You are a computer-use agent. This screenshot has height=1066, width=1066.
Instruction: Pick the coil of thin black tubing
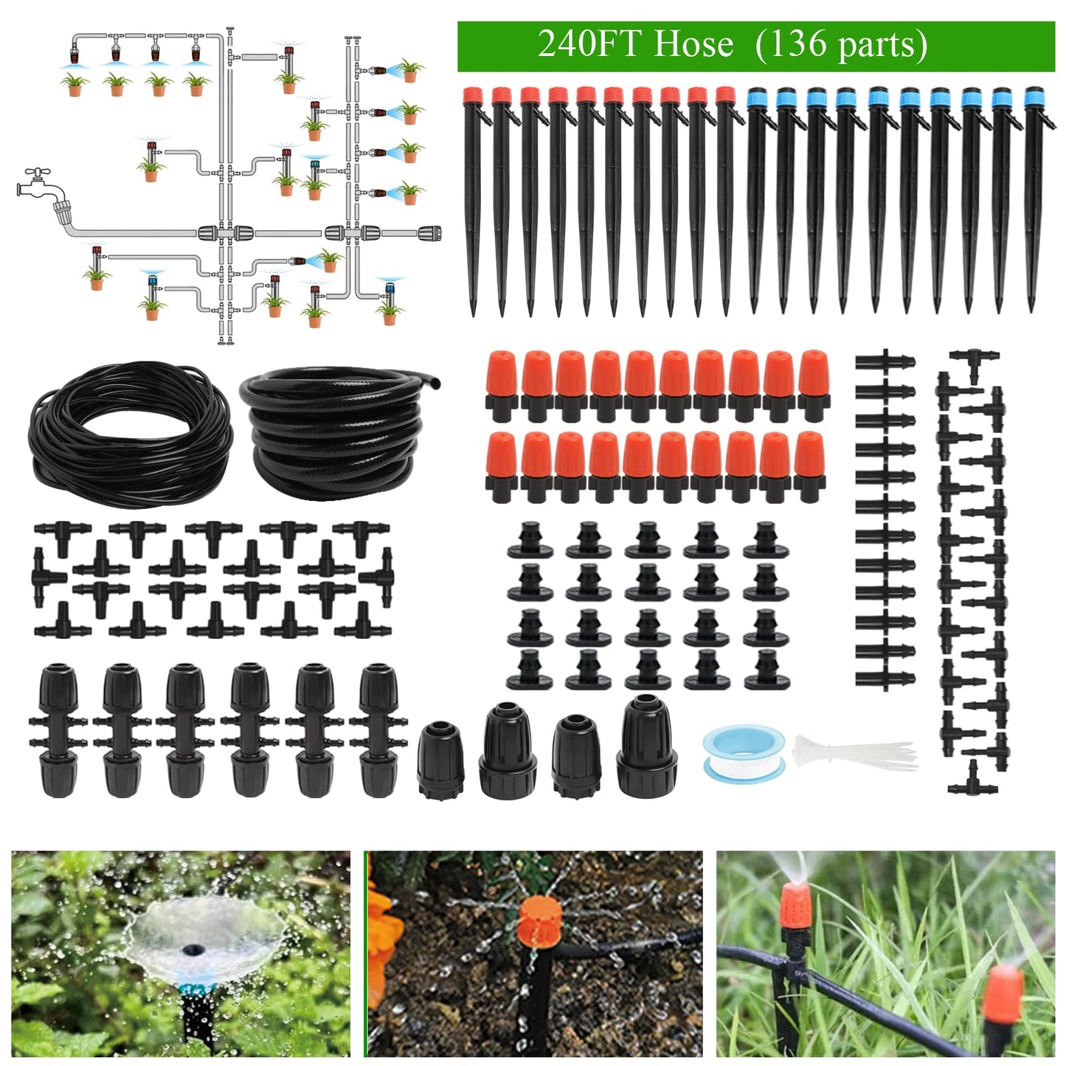point(129,435)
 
